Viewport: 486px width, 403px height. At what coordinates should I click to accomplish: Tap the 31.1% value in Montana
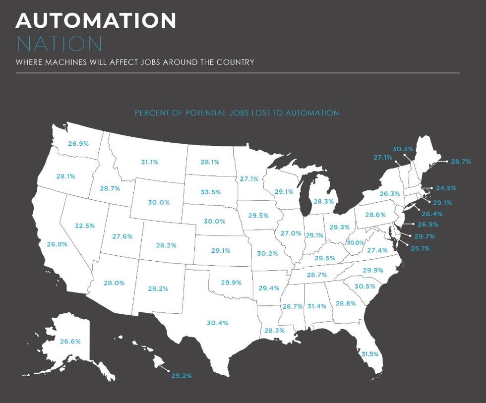pos(150,162)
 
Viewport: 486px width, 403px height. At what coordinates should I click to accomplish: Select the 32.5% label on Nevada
pos(85,226)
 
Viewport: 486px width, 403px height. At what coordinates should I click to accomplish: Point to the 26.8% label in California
pos(57,244)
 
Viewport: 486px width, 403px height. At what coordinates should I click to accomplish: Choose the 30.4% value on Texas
pos(217,323)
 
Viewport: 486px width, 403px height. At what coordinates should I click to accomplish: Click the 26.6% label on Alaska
pos(70,341)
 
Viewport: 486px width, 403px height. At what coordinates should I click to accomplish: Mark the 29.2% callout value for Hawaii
pos(182,376)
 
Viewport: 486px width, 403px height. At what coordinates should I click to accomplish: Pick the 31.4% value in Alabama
pos(317,306)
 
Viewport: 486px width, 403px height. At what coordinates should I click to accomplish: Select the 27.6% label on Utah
pos(122,236)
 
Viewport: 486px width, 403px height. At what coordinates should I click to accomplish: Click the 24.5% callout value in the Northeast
pos(446,188)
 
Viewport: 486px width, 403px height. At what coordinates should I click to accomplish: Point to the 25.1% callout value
pos(420,248)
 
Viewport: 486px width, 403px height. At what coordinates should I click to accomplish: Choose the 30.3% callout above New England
pos(402,149)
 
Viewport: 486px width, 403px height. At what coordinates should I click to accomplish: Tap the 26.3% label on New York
pos(390,193)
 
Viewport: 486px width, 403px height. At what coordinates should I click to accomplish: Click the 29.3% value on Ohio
pos(339,227)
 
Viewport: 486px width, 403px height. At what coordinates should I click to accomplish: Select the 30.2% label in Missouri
pos(267,253)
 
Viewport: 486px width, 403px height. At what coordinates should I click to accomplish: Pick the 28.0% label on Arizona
pos(114,283)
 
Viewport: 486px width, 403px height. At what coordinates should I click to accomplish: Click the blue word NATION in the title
pos(59,44)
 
